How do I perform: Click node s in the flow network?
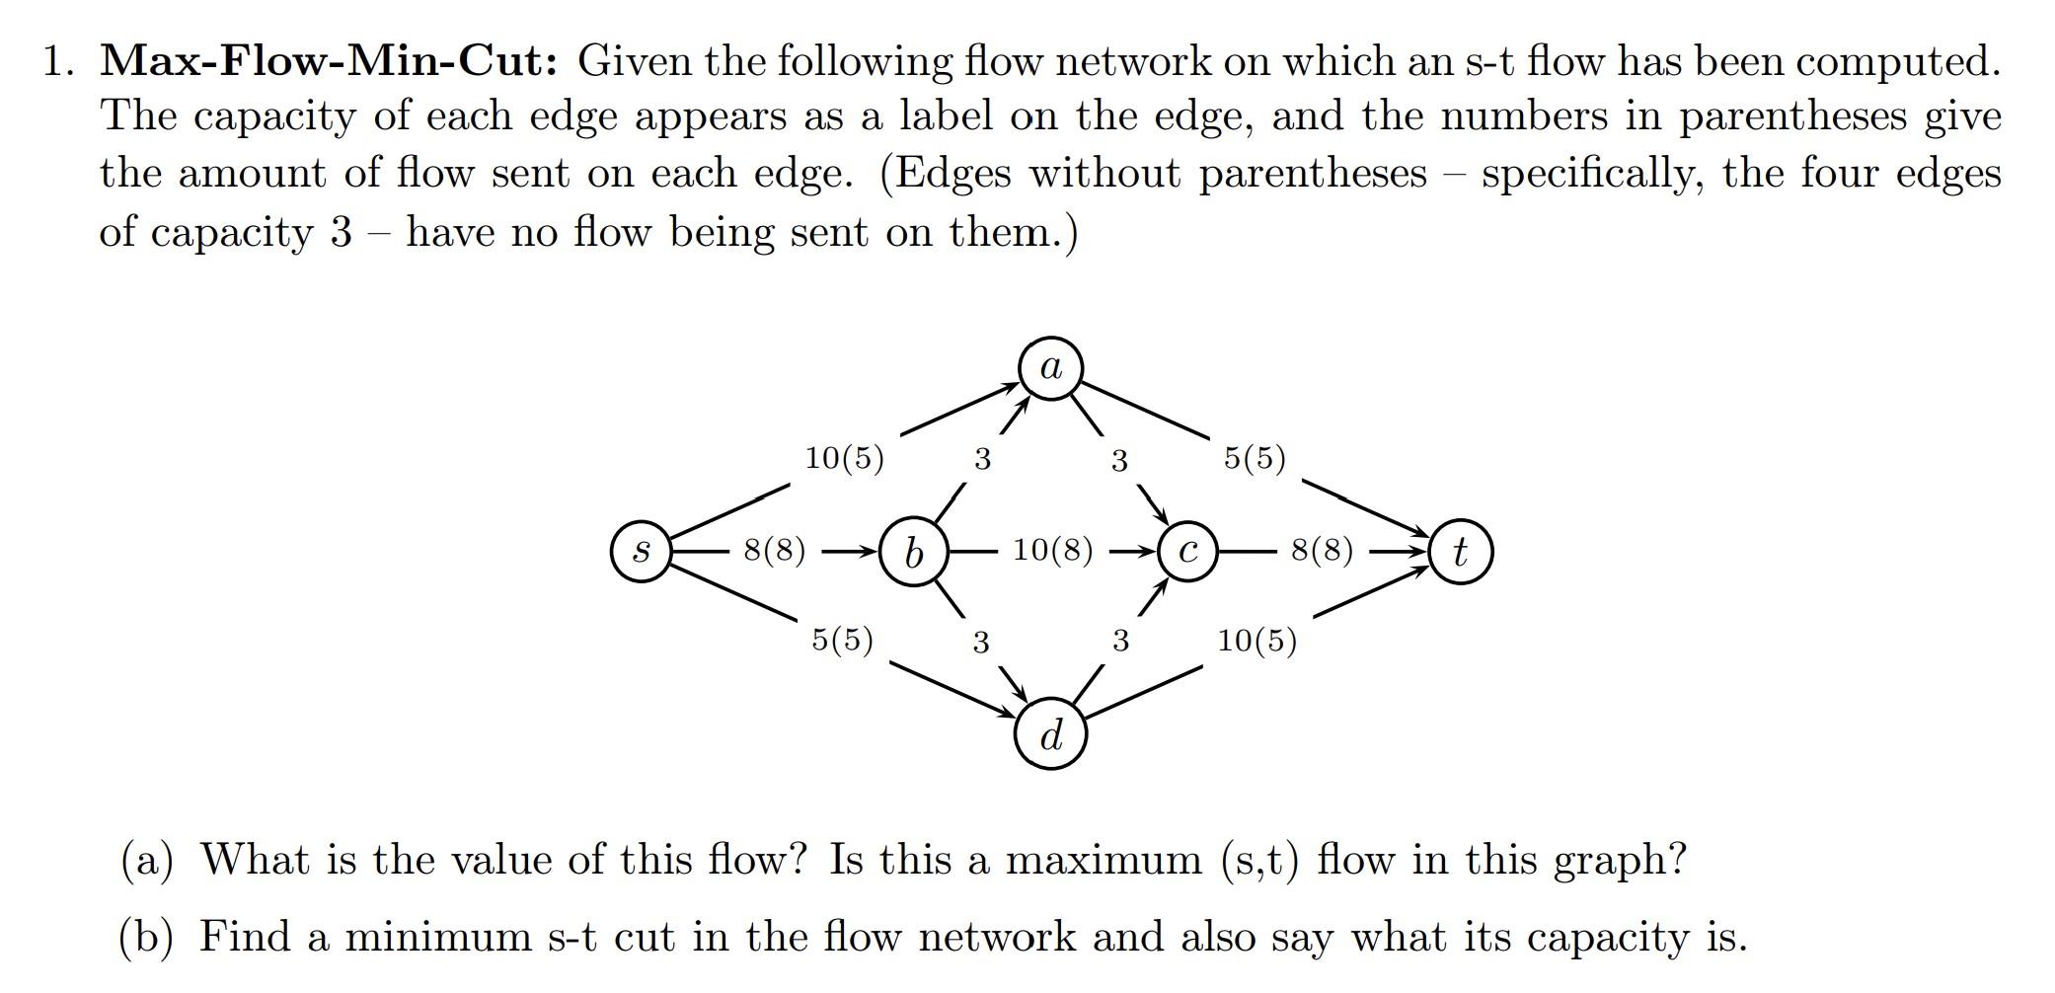tap(642, 552)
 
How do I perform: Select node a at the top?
tap(1051, 369)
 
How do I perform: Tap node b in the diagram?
tap(914, 552)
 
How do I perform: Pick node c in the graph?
tap(1188, 552)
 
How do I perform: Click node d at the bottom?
tap(1051, 735)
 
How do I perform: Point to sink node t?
tap(1461, 552)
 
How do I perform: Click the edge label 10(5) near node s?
tap(845, 458)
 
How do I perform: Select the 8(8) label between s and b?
tap(775, 550)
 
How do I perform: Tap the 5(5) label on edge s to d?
tap(842, 640)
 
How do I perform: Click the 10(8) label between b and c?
tap(1053, 550)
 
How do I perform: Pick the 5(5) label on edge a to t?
tap(1255, 458)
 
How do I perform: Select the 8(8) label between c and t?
tap(1323, 550)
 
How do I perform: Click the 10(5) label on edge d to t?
tap(1256, 641)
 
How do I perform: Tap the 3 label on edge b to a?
tap(982, 459)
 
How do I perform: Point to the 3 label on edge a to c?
tap(1119, 460)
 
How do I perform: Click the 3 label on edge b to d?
tap(980, 643)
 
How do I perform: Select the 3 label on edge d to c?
tap(1120, 642)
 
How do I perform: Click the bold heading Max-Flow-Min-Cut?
tap(330, 61)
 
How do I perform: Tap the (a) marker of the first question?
tap(146, 860)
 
